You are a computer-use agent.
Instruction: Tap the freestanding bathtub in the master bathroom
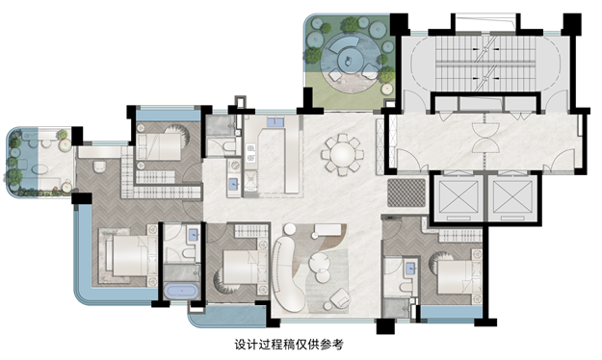pyautogui.click(x=180, y=292)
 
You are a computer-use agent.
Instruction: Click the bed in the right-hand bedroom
pyautogui.click(x=454, y=275)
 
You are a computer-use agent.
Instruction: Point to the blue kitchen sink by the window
pyautogui.click(x=274, y=122)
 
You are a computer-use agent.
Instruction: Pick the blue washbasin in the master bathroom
pyautogui.click(x=193, y=233)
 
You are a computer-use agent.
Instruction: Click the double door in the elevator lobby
pyautogui.click(x=481, y=140)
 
